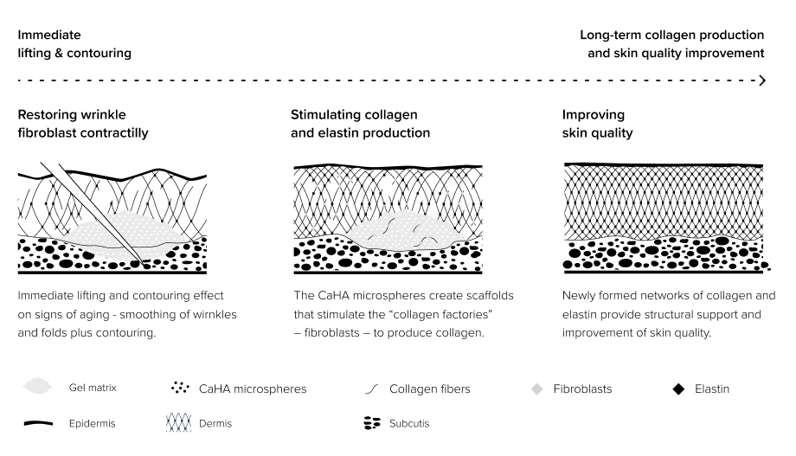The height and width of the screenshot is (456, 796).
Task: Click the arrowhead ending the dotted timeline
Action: (762, 80)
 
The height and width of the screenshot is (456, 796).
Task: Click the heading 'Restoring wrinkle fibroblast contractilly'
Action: (83, 124)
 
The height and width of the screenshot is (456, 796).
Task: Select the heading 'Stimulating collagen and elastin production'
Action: (360, 124)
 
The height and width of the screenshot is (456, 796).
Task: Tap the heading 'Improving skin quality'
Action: (598, 124)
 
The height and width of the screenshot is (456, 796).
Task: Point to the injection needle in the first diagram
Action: (95, 215)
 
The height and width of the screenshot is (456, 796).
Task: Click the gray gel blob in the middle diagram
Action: (402, 230)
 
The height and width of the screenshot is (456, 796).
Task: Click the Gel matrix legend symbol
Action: (37, 387)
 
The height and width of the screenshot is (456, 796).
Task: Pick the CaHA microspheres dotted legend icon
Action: (180, 388)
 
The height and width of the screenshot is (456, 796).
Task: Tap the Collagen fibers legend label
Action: (429, 389)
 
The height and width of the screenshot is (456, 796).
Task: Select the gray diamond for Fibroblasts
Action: (536, 389)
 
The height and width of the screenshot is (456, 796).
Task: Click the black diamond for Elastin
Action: (678, 389)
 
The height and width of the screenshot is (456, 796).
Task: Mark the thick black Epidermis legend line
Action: (38, 423)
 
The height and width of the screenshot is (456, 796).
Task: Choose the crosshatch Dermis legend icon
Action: (179, 422)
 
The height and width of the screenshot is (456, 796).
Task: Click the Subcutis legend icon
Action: (372, 423)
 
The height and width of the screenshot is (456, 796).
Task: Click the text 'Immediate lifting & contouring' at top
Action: (74, 43)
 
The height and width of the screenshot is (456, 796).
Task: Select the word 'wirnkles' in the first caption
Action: (215, 314)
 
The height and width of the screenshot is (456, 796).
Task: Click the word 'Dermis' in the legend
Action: (215, 423)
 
